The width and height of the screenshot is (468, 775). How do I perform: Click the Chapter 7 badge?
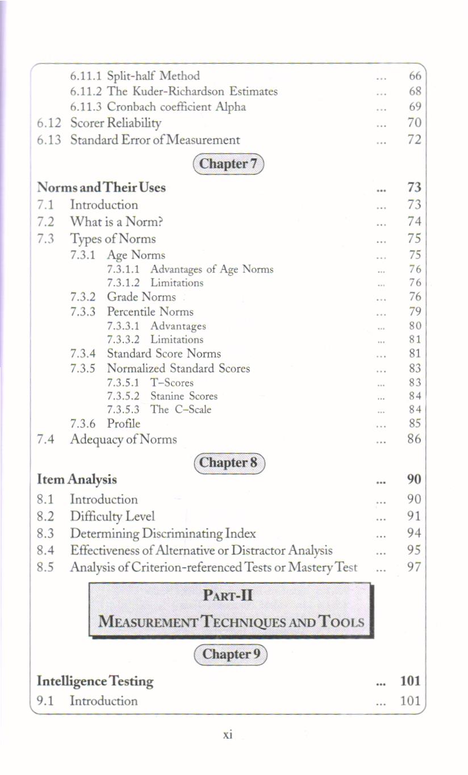[229, 164]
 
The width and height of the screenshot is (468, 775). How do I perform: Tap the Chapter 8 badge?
[229, 463]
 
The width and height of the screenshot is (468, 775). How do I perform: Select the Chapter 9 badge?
[230, 654]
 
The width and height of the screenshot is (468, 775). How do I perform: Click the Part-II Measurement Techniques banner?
[231, 609]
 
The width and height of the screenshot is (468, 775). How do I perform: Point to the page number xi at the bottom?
[227, 734]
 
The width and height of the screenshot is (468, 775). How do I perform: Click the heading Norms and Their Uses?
[101, 187]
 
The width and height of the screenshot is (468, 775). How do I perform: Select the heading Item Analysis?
[77, 479]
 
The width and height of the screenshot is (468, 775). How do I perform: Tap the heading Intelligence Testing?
[95, 681]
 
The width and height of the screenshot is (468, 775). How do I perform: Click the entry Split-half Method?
[153, 76]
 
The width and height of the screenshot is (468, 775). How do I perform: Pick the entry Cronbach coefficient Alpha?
[176, 107]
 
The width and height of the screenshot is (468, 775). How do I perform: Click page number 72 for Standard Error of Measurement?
[415, 140]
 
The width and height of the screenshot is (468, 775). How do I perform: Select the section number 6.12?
[50, 123]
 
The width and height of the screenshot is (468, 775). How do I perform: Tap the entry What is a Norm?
[117, 221]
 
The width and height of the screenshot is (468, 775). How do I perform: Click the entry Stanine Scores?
[183, 396]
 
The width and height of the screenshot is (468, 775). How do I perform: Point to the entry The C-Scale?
[181, 409]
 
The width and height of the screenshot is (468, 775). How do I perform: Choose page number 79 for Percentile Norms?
[415, 312]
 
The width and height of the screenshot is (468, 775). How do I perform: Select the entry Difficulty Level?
[112, 516]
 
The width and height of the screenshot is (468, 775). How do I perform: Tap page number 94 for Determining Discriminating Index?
[415, 533]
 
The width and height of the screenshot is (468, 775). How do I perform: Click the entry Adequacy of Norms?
[123, 439]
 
